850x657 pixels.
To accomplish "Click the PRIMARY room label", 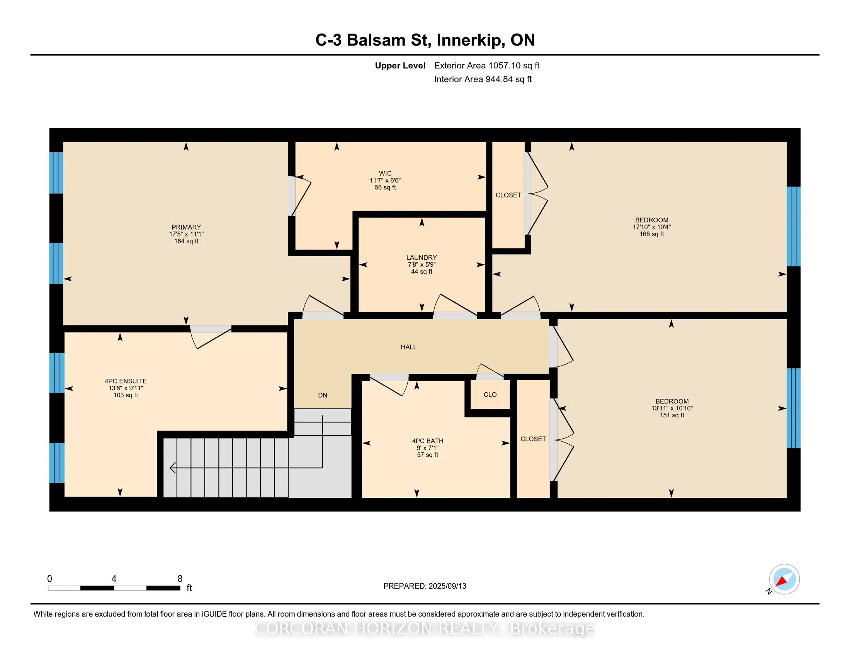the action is tap(186, 227).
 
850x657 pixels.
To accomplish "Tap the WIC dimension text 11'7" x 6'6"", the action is tap(385, 180).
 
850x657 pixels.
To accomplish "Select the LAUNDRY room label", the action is tap(422, 257).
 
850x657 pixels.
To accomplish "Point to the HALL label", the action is tap(409, 347).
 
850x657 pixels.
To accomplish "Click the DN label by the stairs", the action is tap(323, 395).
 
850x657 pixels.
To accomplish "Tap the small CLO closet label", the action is tap(490, 394).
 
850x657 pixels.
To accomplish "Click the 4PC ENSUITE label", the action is tap(126, 381).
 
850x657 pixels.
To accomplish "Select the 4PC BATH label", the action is tap(428, 441).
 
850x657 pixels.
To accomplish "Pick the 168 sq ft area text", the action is tap(651, 234).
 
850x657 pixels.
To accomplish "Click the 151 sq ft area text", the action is tap(672, 415).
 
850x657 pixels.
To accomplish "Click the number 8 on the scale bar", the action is tap(180, 579).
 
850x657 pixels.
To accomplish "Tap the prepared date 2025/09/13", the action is tap(447, 586).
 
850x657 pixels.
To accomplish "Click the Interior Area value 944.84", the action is tap(499, 79).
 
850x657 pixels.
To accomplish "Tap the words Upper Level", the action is tap(400, 66).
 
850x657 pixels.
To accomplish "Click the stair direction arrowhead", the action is tap(173, 468).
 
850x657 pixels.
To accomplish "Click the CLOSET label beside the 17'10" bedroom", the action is tap(508, 195).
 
